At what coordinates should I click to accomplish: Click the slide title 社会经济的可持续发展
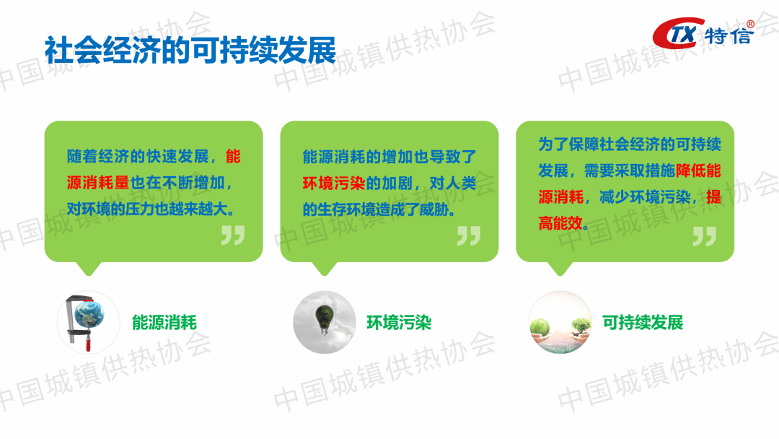[190, 51]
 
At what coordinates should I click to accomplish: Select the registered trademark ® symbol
[750, 24]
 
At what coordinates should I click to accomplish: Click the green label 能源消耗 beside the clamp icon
[164, 323]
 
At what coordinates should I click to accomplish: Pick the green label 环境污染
[399, 323]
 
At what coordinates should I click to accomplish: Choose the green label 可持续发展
[643, 323]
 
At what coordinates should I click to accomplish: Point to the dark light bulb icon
[325, 318]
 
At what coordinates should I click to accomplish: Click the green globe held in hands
[540, 327]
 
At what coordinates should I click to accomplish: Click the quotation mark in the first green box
[233, 235]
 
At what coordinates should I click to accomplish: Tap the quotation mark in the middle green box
[469, 235]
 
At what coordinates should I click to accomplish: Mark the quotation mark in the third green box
[705, 236]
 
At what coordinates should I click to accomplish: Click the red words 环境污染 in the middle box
[334, 183]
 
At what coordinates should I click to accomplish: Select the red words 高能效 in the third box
[560, 223]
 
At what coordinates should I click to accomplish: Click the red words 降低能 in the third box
[698, 170]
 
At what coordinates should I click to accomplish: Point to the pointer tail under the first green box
[89, 269]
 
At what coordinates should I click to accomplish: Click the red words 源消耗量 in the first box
[98, 183]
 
